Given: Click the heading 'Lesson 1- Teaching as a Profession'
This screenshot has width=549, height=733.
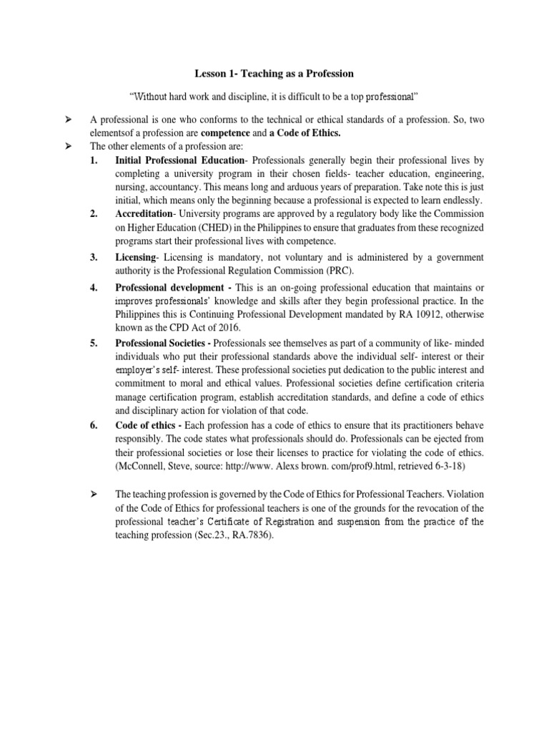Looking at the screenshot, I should point(274,74).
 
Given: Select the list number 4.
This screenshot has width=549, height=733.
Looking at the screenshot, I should point(94,288).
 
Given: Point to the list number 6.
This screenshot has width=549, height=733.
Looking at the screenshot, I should point(94,424).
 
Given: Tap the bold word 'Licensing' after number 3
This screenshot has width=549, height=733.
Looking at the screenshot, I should point(135,257).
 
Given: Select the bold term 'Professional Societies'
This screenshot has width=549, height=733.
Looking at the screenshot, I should point(162,344).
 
